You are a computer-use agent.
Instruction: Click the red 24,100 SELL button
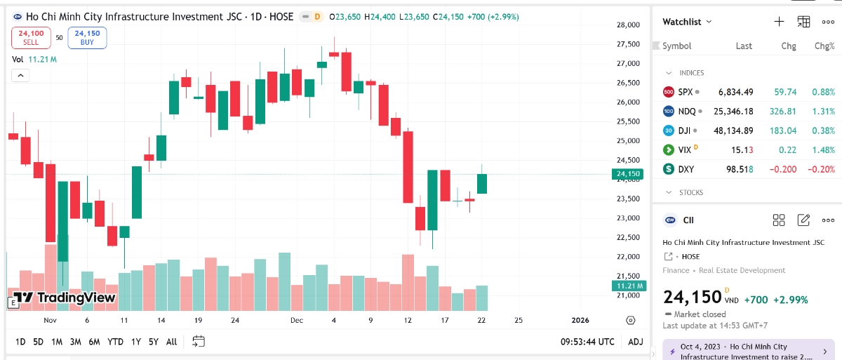click(x=31, y=37)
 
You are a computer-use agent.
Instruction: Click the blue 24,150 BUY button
click(x=87, y=37)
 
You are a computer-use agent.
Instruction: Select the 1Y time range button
click(x=136, y=342)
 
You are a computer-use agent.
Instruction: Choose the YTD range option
click(x=116, y=342)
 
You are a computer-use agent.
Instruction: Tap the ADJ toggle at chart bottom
click(x=635, y=342)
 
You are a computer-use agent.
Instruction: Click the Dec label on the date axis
click(x=297, y=321)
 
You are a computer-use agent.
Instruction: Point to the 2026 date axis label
click(x=580, y=321)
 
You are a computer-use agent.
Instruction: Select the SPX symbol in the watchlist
click(x=685, y=92)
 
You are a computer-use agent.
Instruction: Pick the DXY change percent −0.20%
click(x=820, y=169)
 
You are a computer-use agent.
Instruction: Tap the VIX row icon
click(x=669, y=149)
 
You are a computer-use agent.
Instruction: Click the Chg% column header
click(x=824, y=46)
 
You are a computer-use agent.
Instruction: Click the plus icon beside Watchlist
click(x=779, y=22)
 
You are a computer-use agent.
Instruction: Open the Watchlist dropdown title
click(x=687, y=22)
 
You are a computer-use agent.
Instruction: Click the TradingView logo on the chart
click(x=65, y=298)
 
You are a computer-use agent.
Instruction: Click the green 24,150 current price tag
click(x=627, y=174)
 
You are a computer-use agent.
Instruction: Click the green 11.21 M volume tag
click(x=627, y=286)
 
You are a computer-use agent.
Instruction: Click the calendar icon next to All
click(x=199, y=342)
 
